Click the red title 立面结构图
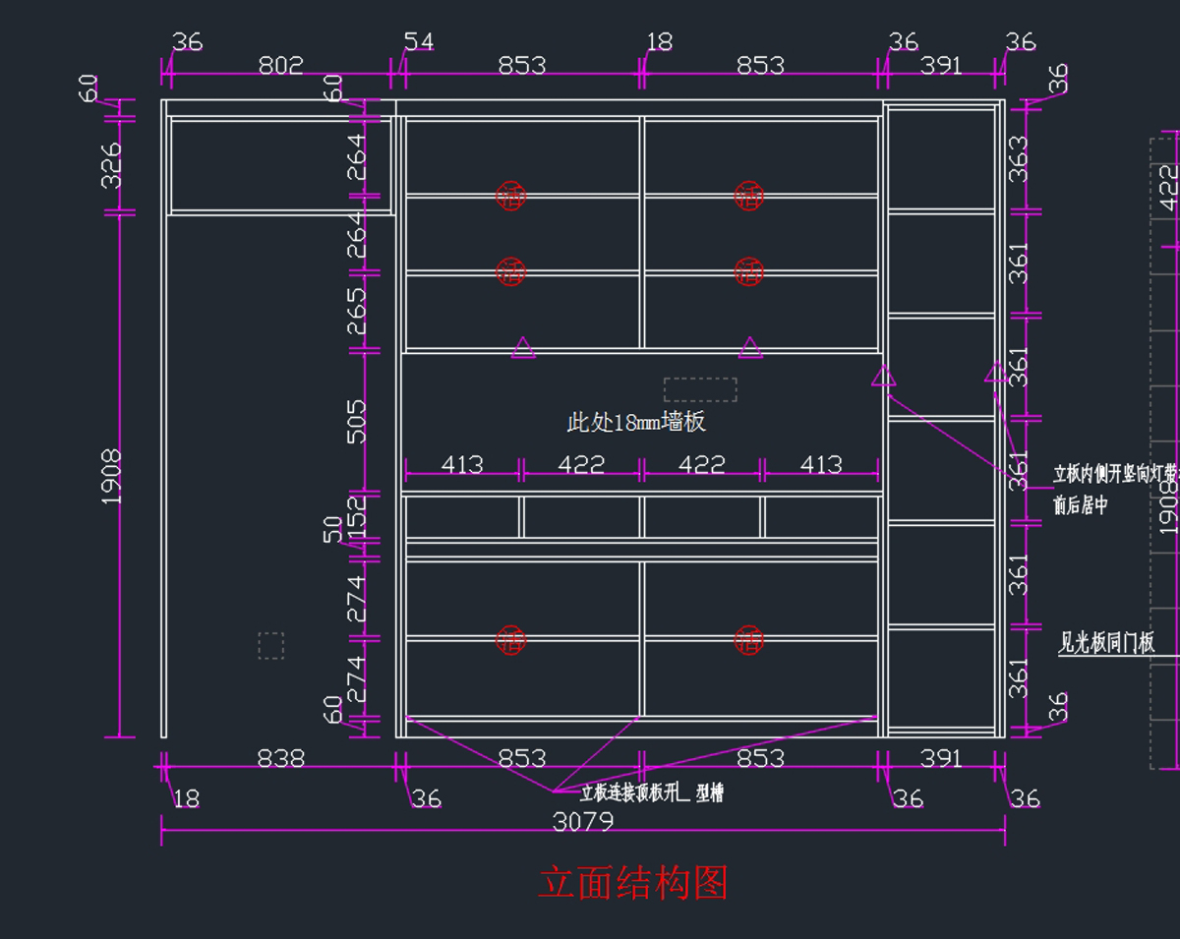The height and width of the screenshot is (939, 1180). point(632,884)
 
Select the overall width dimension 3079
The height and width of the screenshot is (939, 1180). point(583,821)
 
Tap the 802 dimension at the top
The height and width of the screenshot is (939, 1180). point(280,66)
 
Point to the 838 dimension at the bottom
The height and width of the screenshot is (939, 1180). point(280,758)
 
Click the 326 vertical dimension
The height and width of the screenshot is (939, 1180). point(111,165)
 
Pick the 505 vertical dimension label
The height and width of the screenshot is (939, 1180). point(355,421)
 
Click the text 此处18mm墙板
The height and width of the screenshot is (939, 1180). point(636,423)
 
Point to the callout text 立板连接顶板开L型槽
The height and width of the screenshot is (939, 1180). point(651,793)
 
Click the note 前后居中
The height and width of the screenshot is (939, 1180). point(1080,505)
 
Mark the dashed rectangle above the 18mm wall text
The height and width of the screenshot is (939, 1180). point(700,389)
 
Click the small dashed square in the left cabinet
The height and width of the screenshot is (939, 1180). point(270,645)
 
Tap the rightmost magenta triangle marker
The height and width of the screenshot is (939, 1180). point(995,373)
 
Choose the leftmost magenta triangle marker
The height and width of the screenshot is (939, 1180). point(523,348)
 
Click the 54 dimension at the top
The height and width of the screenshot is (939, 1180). point(419,41)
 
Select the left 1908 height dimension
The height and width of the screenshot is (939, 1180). point(111,477)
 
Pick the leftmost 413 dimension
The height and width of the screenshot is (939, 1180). point(461,464)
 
